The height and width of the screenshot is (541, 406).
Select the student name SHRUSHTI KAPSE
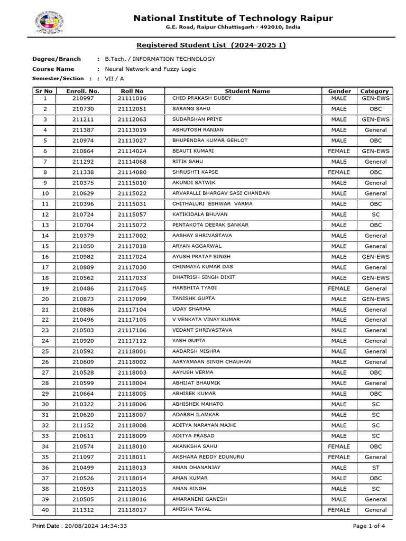[x=195, y=172]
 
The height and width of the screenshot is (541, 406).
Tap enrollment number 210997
[x=83, y=98]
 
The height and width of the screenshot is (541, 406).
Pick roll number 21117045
[x=132, y=288]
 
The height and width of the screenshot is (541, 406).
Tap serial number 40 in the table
[x=45, y=510]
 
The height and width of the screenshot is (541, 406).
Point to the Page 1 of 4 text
[x=369, y=526]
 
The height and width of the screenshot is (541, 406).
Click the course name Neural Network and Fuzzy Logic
[x=150, y=69]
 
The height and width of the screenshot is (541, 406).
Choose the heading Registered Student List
[x=211, y=45]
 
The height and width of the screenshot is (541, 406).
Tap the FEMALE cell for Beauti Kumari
[x=339, y=151]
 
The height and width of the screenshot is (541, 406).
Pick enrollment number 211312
[x=83, y=510]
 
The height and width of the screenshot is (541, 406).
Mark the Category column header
[x=374, y=91]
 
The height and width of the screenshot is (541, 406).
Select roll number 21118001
[x=132, y=351]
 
